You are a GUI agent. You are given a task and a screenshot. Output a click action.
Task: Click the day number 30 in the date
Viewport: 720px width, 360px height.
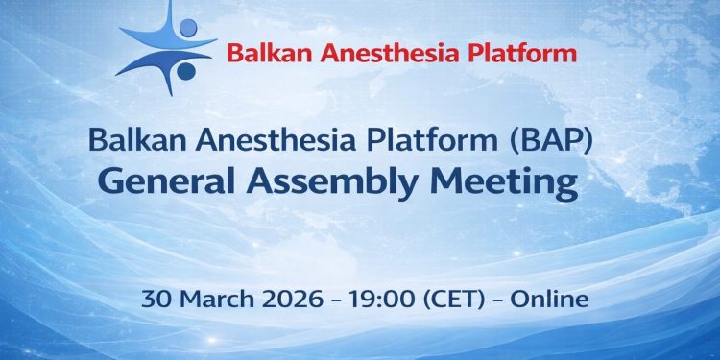(x=155, y=299)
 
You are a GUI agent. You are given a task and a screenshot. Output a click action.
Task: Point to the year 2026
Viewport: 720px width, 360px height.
(x=287, y=299)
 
